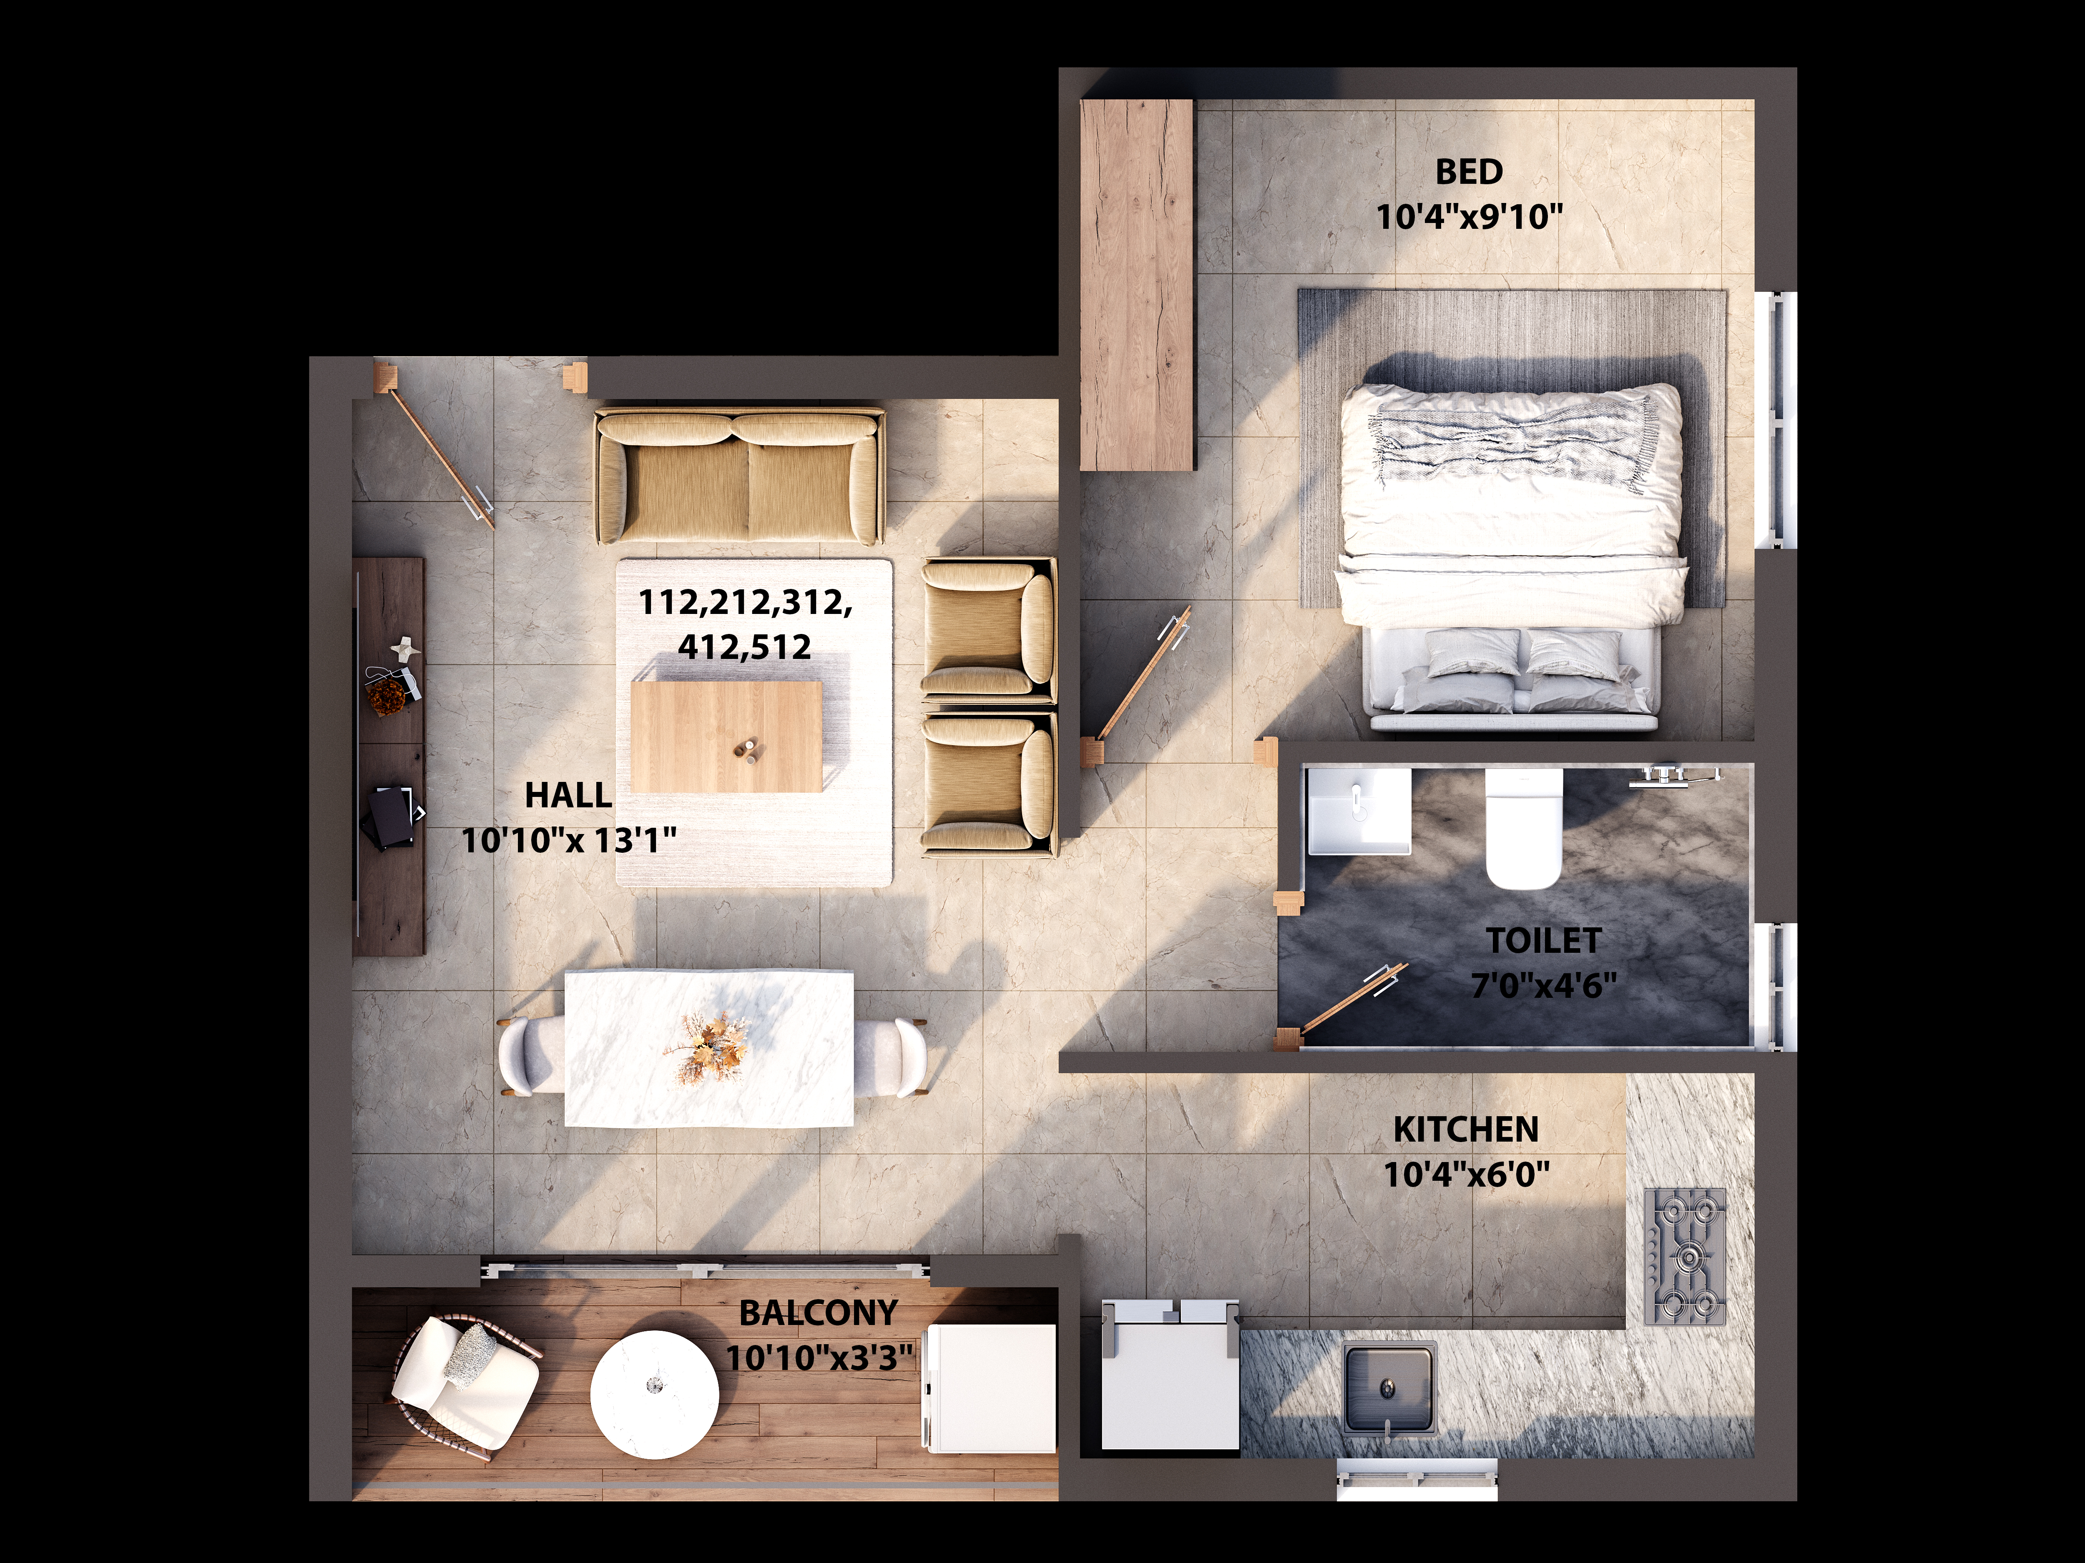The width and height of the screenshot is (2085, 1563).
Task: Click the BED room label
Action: point(1469,173)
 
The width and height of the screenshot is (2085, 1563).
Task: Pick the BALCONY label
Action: point(818,1313)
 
